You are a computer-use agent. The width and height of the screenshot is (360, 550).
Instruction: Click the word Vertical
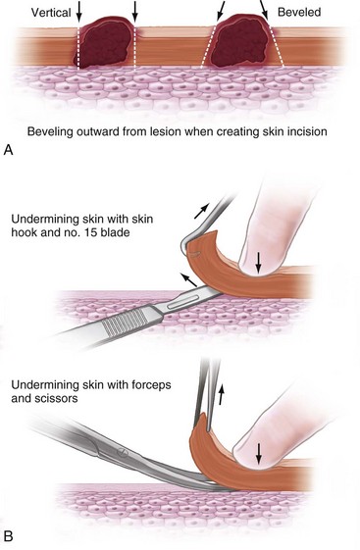pyautogui.click(x=51, y=13)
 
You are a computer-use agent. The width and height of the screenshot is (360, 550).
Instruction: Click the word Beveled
pyautogui.click(x=299, y=13)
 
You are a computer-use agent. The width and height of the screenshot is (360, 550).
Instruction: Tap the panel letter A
pyautogui.click(x=8, y=150)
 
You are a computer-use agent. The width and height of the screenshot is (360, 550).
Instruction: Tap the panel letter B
pyautogui.click(x=8, y=536)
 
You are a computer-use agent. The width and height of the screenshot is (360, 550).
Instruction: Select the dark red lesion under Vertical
pyautogui.click(x=104, y=43)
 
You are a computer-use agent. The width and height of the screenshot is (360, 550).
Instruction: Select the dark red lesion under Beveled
pyautogui.click(x=241, y=41)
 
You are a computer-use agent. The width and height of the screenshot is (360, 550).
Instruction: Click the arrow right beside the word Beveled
pyautogui.click(x=264, y=10)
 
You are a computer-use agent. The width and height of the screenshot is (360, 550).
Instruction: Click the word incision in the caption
pyautogui.click(x=305, y=131)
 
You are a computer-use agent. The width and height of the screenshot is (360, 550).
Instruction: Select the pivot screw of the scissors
pyautogui.click(x=121, y=453)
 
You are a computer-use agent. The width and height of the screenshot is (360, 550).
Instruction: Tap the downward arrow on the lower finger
pyautogui.click(x=259, y=453)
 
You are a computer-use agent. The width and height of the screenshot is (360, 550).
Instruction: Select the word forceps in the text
pyautogui.click(x=150, y=385)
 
